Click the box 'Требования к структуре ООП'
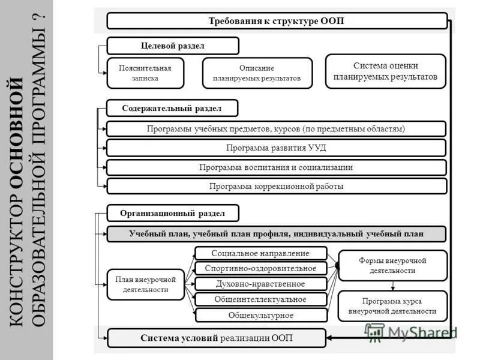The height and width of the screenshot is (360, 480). coord(277,21)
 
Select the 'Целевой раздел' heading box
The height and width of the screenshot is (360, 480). coord(173,46)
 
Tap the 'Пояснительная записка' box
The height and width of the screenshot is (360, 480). coord(145,73)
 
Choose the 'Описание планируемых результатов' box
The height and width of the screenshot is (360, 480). coord(257,73)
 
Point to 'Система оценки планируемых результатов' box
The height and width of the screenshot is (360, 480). coord(386,71)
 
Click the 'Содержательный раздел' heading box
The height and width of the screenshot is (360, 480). coord(172,108)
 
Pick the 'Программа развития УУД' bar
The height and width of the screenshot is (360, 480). coord(277,148)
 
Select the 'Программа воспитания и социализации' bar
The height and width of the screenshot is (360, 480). coord(277,167)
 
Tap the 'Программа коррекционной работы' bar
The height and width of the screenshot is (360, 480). coord(277,186)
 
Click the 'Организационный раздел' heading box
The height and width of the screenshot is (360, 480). coord(173,213)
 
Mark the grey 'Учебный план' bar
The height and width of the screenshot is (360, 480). coord(277,234)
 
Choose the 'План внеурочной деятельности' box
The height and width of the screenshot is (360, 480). coord(145,284)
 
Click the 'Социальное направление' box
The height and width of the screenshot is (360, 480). coord(261,253)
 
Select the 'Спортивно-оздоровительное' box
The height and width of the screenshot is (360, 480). coord(261,268)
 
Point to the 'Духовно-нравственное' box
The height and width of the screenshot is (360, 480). coord(261,284)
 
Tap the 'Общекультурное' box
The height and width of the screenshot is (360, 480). coord(261,315)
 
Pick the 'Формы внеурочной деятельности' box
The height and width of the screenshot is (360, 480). coord(393,266)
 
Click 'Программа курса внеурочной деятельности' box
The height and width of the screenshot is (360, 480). coord(393,306)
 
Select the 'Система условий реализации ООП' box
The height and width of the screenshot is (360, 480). coord(217,338)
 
